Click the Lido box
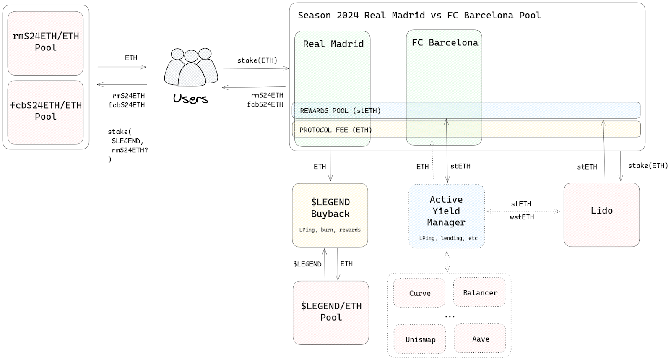click(x=601, y=215)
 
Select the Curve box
click(x=419, y=293)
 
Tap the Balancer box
click(x=479, y=292)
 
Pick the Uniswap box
click(x=420, y=339)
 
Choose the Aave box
click(x=480, y=339)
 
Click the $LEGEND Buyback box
click(x=330, y=215)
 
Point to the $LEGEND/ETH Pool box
click(x=331, y=313)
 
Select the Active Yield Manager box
click(x=447, y=216)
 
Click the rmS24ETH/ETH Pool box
click(x=46, y=43)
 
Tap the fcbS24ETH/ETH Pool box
click(x=46, y=112)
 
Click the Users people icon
click(x=191, y=67)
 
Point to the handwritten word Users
click(x=190, y=99)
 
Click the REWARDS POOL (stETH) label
click(x=340, y=111)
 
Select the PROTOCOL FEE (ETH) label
click(x=336, y=130)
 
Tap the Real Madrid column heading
click(x=333, y=44)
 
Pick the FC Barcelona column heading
click(x=445, y=42)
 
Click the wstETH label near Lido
click(x=522, y=217)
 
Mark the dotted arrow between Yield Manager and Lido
click(x=523, y=211)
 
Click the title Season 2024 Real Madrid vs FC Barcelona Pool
click(x=419, y=15)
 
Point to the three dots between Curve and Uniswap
click(x=450, y=316)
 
